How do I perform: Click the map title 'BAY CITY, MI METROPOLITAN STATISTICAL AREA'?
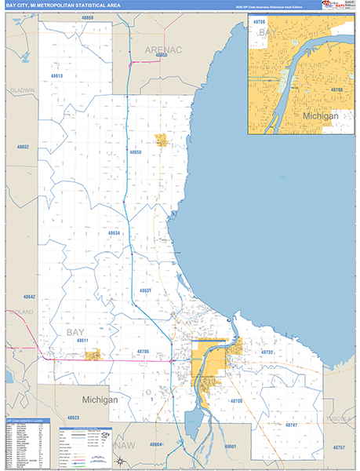pyautogui.click(x=62, y=5)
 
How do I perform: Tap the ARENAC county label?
pyautogui.click(x=162, y=49)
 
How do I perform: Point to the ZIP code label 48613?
pyautogui.click(x=56, y=76)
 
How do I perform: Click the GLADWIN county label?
pyautogui.click(x=23, y=90)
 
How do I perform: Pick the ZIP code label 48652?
pyautogui.click(x=24, y=148)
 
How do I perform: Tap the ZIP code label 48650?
pyautogui.click(x=136, y=152)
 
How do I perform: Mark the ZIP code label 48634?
pyautogui.click(x=114, y=233)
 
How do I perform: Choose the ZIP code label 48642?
pyautogui.click(x=29, y=297)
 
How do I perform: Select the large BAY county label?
pyautogui.click(x=75, y=333)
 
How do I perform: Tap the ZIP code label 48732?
pyautogui.click(x=267, y=352)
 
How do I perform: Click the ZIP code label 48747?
pyautogui.click(x=291, y=425)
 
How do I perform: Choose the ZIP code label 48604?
pyautogui.click(x=156, y=445)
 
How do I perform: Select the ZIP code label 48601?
pyautogui.click(x=230, y=446)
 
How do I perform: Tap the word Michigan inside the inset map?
pyautogui.click(x=321, y=115)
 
